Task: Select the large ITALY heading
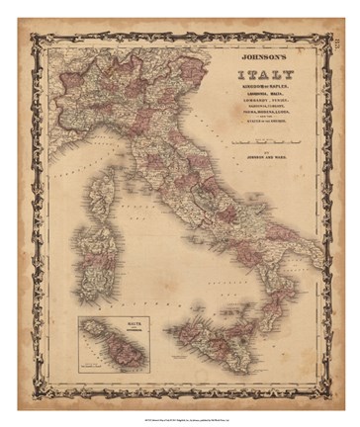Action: coord(266,75)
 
